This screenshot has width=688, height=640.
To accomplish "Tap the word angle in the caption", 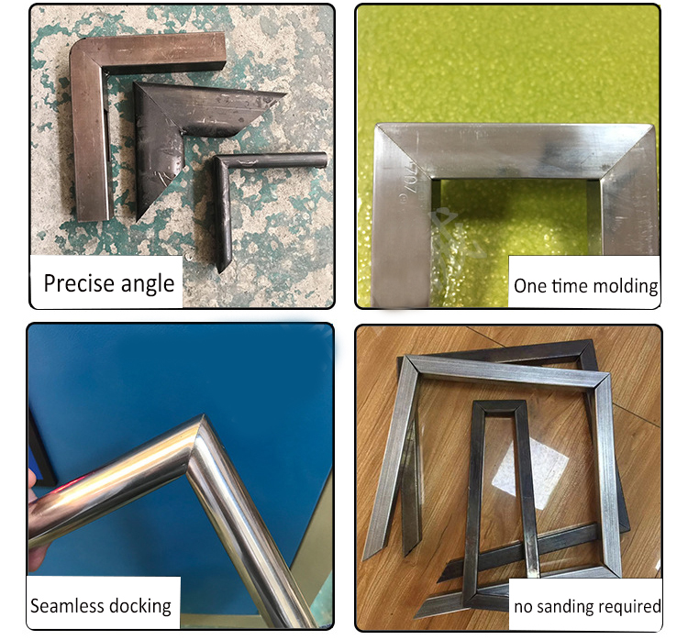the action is click(x=148, y=284).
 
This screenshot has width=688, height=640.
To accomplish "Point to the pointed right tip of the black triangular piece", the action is click(x=283, y=94).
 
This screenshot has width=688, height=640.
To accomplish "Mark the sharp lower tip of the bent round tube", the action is click(x=222, y=269).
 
